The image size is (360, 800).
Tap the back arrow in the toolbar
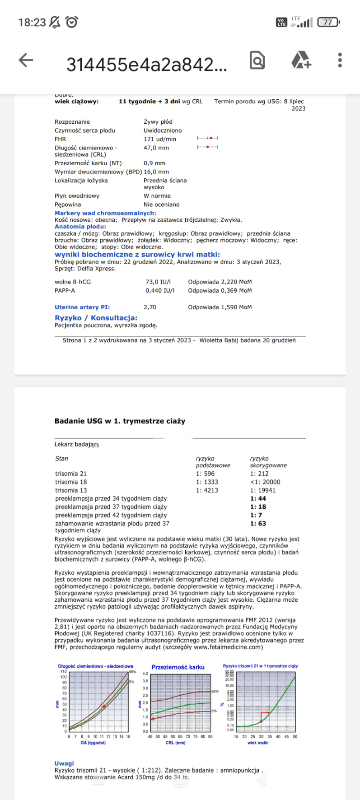[x=26, y=60]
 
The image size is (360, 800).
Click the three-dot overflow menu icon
[x=340, y=60]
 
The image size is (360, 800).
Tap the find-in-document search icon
[x=257, y=60]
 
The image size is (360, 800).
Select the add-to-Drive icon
[x=301, y=60]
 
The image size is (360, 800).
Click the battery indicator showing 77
[x=328, y=22]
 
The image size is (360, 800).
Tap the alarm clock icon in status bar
[x=72, y=22]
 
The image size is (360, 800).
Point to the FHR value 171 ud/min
[x=160, y=139]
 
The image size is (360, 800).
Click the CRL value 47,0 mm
[x=156, y=148]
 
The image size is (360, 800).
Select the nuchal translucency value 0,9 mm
[x=154, y=163]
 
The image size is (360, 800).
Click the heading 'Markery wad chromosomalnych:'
[x=105, y=213]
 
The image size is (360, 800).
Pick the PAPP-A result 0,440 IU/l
[x=160, y=290]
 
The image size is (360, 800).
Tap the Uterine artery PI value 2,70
[x=150, y=307]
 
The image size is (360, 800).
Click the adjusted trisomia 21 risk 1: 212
[x=259, y=474]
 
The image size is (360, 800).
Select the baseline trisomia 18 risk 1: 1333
[x=207, y=482]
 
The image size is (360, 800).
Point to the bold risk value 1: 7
[x=256, y=515]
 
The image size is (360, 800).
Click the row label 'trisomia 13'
[x=71, y=490]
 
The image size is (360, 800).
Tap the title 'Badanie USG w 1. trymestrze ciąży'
[x=120, y=421]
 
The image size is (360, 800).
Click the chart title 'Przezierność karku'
[x=178, y=667]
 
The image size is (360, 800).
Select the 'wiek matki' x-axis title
[x=258, y=742]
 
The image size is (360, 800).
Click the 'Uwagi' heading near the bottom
[x=64, y=763]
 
